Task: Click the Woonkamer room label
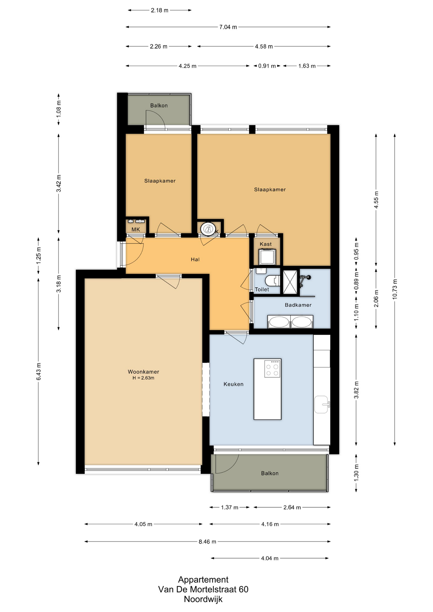pos(143,372)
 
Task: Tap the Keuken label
pos(233,384)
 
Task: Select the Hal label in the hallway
pos(195,259)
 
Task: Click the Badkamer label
pos(298,305)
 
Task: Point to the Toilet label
pos(262,289)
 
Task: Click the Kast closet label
pos(266,244)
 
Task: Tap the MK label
pos(136,229)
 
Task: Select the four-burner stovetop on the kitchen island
pos(272,369)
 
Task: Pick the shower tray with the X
pos(290,282)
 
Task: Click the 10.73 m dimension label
pos(395,289)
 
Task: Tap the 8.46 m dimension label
pos(208,542)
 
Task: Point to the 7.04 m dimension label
pos(228,27)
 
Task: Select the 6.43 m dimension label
pos(38,371)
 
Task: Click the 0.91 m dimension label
pos(267,66)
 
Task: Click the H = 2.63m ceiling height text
pos(143,378)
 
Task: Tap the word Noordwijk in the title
pos(203,599)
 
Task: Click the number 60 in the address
pos(243,589)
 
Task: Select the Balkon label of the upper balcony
pos(159,106)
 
